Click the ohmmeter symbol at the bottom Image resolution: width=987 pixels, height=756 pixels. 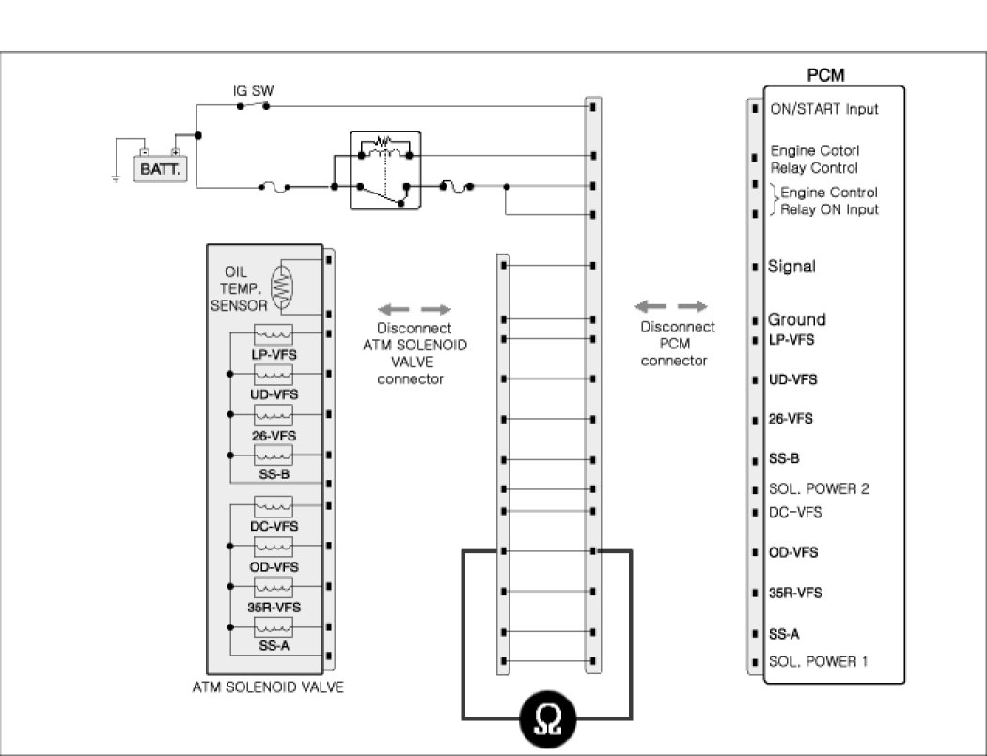point(547,720)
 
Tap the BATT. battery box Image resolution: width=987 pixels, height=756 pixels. point(160,169)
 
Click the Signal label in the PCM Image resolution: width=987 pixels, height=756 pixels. point(791,267)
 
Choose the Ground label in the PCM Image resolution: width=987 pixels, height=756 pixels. point(796,319)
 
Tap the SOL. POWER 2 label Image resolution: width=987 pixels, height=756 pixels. point(818,489)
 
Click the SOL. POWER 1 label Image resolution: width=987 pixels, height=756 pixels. point(818,661)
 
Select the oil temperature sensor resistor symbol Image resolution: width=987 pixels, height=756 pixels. point(281,288)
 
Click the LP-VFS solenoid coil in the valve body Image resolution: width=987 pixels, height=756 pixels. point(274,334)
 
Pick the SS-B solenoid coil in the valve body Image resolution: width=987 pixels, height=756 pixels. point(274,455)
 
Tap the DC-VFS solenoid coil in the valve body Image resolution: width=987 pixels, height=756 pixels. point(274,508)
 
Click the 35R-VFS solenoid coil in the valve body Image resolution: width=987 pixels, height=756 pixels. point(274,588)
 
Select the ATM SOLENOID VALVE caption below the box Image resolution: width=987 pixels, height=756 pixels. point(268,687)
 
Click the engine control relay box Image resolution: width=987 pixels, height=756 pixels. point(386,169)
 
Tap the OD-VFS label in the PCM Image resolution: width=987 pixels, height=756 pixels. point(792,552)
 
